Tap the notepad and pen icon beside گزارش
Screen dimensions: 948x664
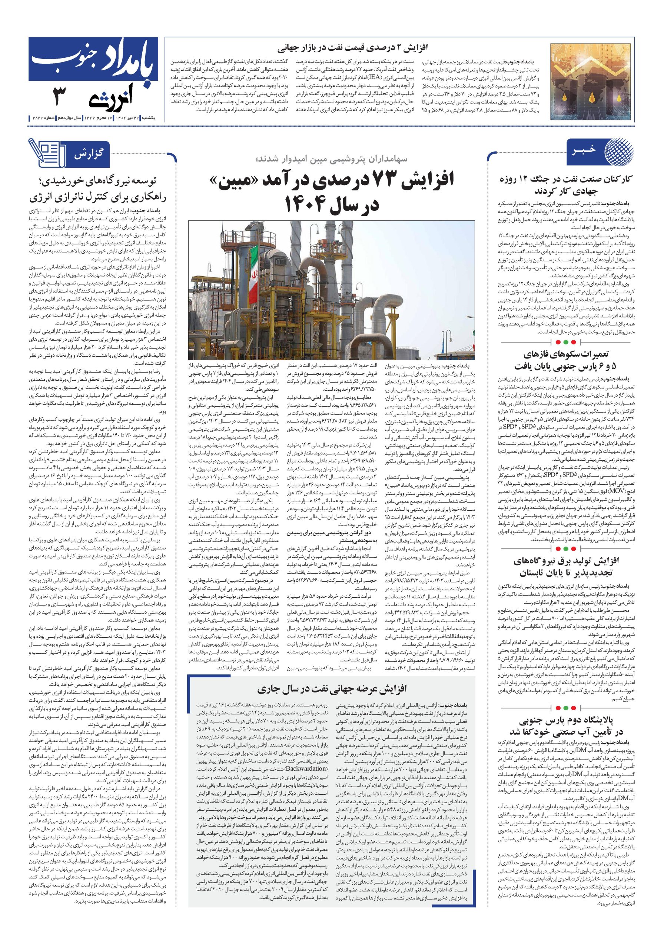tap(47, 153)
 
